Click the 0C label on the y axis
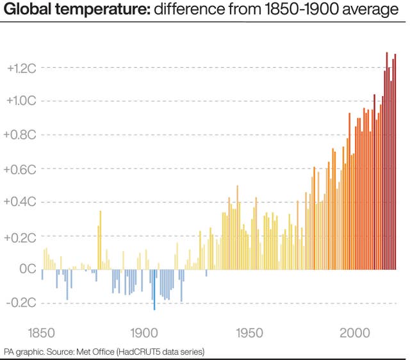pyautogui.click(x=26, y=269)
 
